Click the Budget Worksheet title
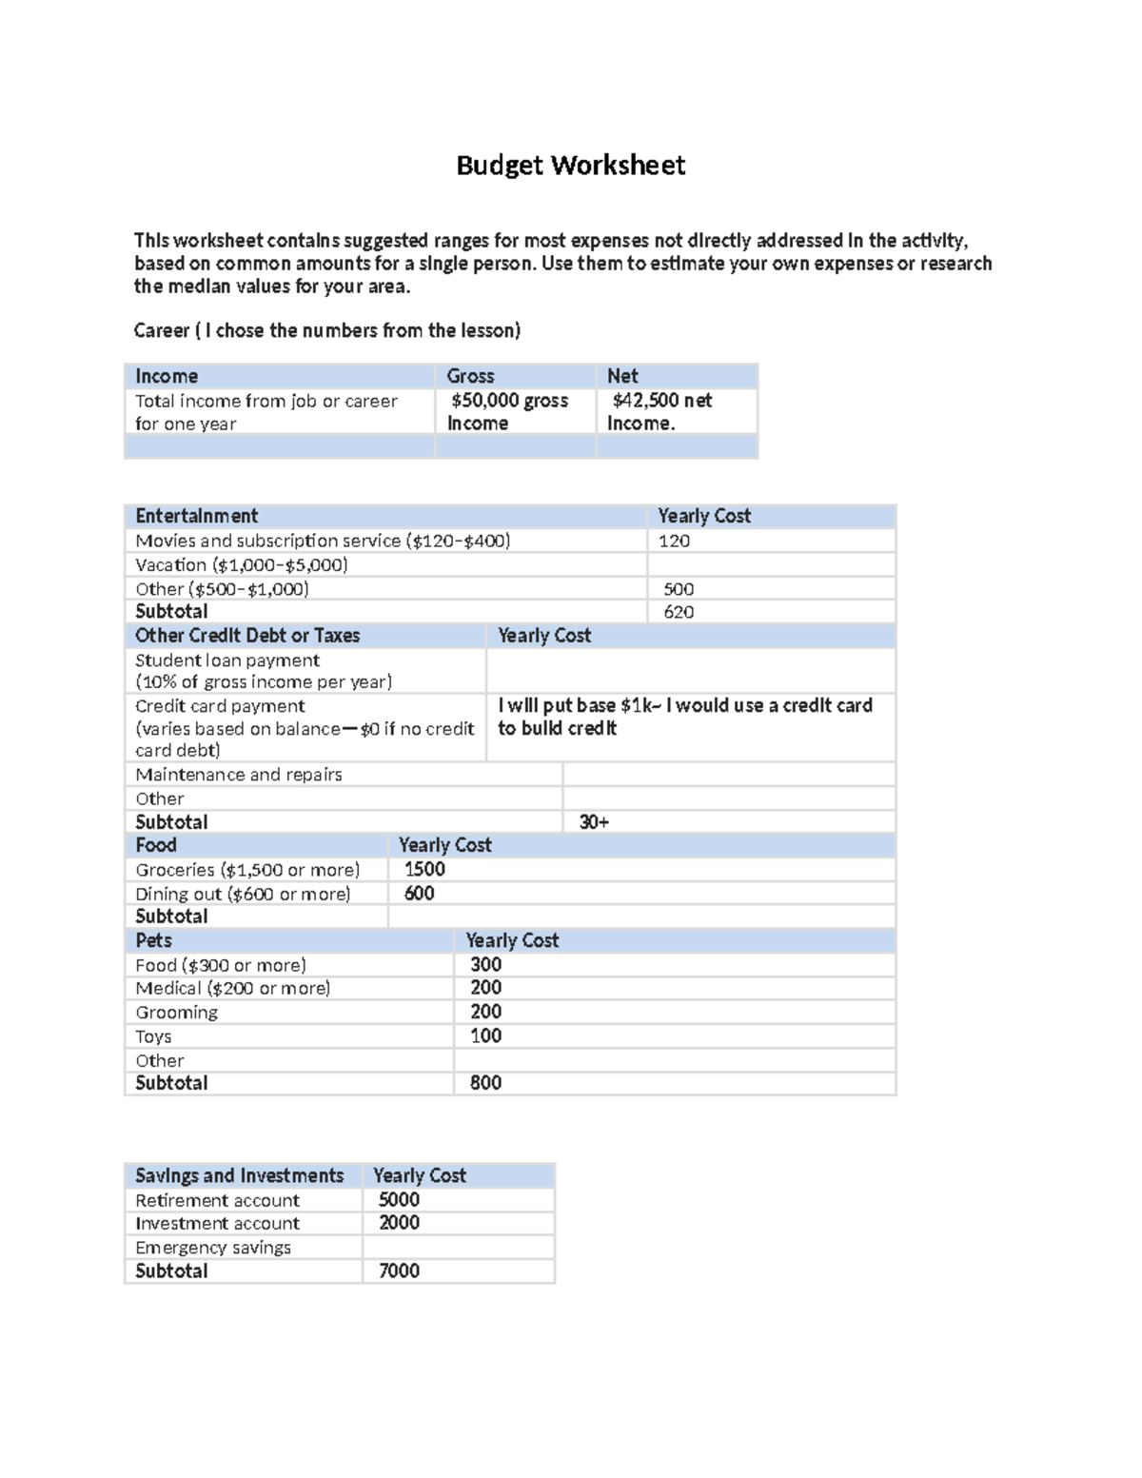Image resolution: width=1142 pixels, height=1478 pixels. [x=570, y=166]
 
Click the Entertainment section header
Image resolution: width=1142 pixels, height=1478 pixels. [x=196, y=516]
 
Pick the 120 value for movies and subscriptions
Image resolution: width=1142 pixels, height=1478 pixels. [x=674, y=541]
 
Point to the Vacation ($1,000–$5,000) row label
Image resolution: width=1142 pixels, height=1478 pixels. [x=241, y=564]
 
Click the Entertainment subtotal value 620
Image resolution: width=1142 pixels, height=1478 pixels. [x=678, y=612]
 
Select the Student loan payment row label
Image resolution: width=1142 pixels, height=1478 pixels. [x=227, y=660]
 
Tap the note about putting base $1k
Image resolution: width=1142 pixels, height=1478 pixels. [x=684, y=717]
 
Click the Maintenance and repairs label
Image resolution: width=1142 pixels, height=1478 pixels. [x=238, y=775]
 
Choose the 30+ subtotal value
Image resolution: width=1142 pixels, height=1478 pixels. [x=594, y=822]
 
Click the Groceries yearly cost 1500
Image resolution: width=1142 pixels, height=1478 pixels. [x=424, y=869]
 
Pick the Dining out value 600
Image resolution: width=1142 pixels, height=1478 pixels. [x=419, y=894]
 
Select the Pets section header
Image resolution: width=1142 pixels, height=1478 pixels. [x=153, y=940]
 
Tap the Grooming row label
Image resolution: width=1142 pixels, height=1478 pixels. [x=176, y=1013]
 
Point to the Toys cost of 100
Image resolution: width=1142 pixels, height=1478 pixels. [x=485, y=1036]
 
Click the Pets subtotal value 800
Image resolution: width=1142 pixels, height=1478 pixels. [x=485, y=1083]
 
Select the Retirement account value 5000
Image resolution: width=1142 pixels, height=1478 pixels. [x=399, y=1200]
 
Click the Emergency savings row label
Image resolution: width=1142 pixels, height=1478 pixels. [x=212, y=1248]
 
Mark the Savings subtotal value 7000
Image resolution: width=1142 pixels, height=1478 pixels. [x=399, y=1271]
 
